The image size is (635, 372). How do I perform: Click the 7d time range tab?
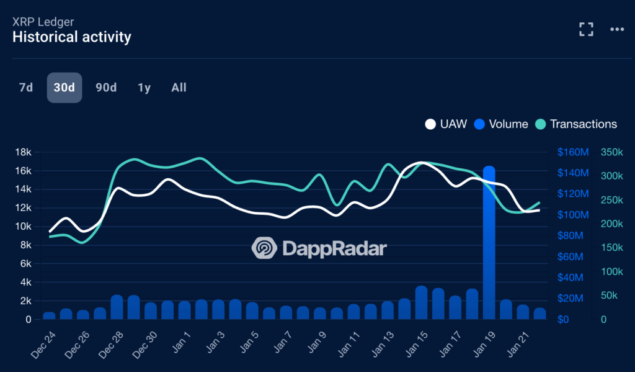pos(26,88)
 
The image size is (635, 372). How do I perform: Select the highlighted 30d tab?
pos(64,88)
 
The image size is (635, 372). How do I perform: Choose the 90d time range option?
pos(106,88)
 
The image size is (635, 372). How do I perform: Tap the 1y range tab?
pos(144,88)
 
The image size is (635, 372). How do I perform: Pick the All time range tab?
pos(179,88)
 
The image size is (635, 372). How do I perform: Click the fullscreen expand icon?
pos(586,29)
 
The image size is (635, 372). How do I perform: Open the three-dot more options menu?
pos(617,29)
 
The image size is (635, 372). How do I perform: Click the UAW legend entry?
pos(446,124)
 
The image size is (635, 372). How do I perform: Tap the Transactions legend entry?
pos(576,124)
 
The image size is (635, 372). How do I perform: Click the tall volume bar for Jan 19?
pos(489,242)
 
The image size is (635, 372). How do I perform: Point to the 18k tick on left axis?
pos(24,152)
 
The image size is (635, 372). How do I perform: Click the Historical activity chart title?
pos(72,37)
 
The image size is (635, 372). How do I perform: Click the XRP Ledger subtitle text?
pos(43,22)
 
